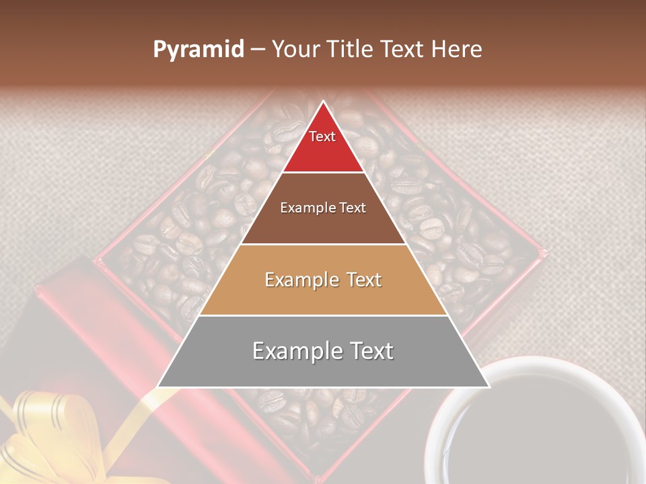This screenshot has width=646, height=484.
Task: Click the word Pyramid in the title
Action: pyautogui.click(x=198, y=50)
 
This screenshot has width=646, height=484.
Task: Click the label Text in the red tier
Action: pyautogui.click(x=322, y=136)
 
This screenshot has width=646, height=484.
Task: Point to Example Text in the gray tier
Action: pyautogui.click(x=323, y=351)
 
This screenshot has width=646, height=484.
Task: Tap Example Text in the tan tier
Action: pyautogui.click(x=323, y=280)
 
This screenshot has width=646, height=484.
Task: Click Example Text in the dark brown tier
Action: pyautogui.click(x=323, y=208)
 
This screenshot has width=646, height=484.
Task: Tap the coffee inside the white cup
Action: pyautogui.click(x=538, y=437)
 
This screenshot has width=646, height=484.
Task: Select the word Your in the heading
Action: pyautogui.click(x=296, y=50)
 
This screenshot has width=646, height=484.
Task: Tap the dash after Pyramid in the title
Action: pyautogui.click(x=257, y=50)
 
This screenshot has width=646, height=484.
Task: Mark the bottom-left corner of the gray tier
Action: pyautogui.click(x=159, y=387)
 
